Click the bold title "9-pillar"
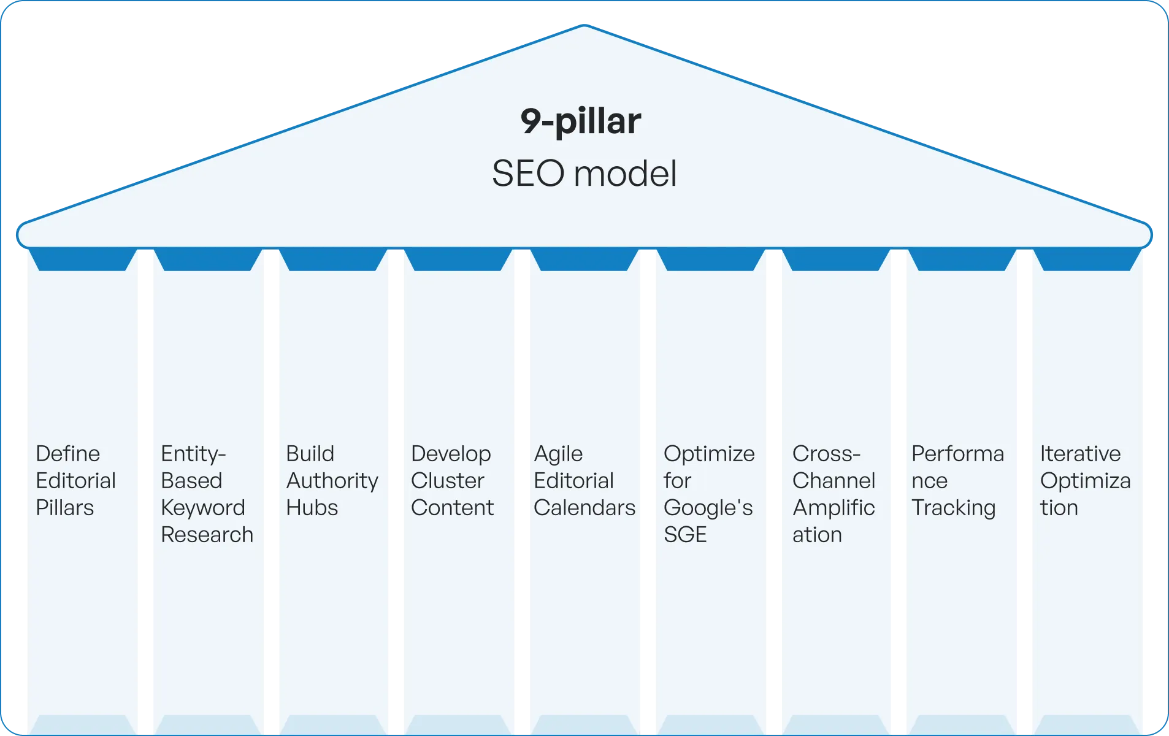click(581, 121)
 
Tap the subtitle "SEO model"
click(584, 174)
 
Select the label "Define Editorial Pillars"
click(75, 480)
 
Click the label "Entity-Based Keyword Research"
click(207, 494)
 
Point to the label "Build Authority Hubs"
click(332, 480)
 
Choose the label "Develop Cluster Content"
click(452, 480)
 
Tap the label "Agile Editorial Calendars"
click(584, 480)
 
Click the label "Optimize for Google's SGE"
click(709, 494)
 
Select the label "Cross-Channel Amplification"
click(834, 494)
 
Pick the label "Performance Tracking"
click(957, 480)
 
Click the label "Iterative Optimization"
click(1085, 480)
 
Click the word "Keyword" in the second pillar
click(203, 508)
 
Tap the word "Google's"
click(708, 508)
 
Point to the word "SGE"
click(685, 535)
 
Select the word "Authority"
click(332, 481)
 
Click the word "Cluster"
click(448, 481)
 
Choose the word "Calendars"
click(584, 508)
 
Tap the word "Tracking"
click(953, 508)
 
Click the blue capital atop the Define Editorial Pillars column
click(82, 259)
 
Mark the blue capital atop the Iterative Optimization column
click(1087, 259)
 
